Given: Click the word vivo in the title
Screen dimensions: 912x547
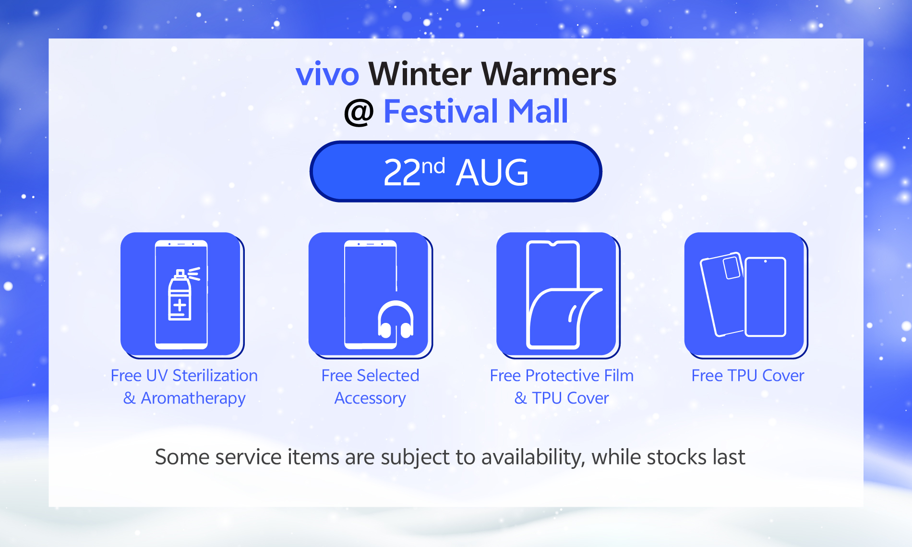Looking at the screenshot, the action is click(327, 74).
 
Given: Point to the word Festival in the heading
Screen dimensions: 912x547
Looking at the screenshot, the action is click(441, 111).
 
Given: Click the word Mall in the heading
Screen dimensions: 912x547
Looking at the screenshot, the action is click(538, 111).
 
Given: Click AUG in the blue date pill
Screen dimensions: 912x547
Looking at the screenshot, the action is click(492, 173).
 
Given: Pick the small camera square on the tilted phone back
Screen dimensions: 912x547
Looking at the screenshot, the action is click(731, 268).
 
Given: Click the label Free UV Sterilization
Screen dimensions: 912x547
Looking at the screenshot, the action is click(184, 375).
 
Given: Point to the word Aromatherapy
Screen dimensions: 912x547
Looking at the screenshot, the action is click(193, 398).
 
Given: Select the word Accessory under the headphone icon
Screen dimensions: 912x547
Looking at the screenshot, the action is click(370, 398).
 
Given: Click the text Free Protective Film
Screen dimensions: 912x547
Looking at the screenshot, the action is click(562, 375).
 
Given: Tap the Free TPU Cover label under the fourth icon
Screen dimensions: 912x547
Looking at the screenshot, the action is click(747, 375).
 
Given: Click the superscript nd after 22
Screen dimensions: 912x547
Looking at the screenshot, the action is click(433, 166).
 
